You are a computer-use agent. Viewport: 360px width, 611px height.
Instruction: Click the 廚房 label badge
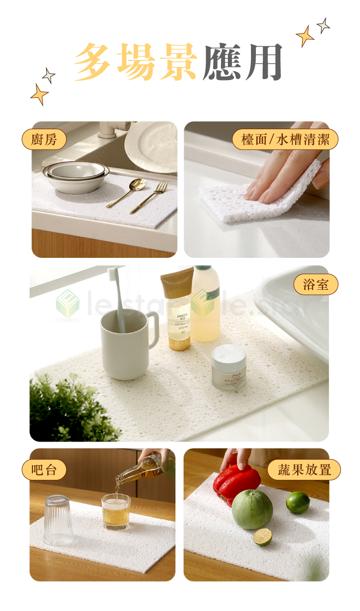pyautogui.click(x=44, y=139)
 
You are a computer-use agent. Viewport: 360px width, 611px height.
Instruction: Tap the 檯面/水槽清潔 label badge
pyautogui.click(x=285, y=139)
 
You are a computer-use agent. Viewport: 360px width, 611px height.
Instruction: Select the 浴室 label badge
pyautogui.click(x=316, y=284)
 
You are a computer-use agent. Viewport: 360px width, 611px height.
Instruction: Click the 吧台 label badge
pyautogui.click(x=44, y=470)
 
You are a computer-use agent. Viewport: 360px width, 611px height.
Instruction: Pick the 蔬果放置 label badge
pyautogui.click(x=304, y=470)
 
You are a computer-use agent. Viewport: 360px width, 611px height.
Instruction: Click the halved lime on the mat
pyautogui.click(x=263, y=537)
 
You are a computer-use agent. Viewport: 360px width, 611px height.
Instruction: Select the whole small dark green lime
pyautogui.click(x=298, y=502)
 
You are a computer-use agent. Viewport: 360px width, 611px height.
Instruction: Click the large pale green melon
pyautogui.click(x=252, y=509)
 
